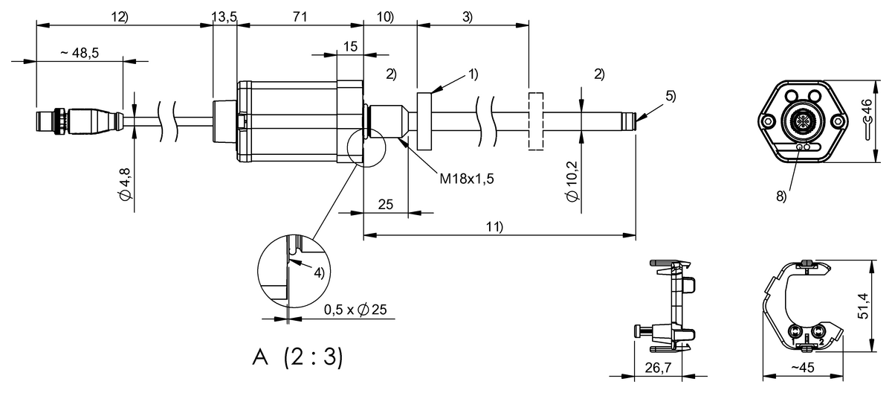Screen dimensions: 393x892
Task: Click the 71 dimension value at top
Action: coord(300,16)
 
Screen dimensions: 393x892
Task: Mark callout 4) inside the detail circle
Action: coord(318,272)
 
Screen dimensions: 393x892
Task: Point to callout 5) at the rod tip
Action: coord(670,95)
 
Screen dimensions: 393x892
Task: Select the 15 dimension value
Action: coord(350,46)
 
